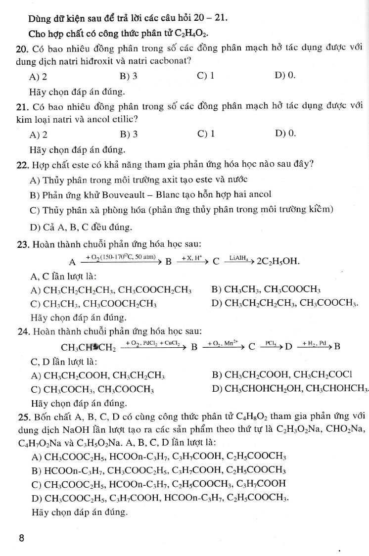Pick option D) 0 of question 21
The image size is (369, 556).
284,134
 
